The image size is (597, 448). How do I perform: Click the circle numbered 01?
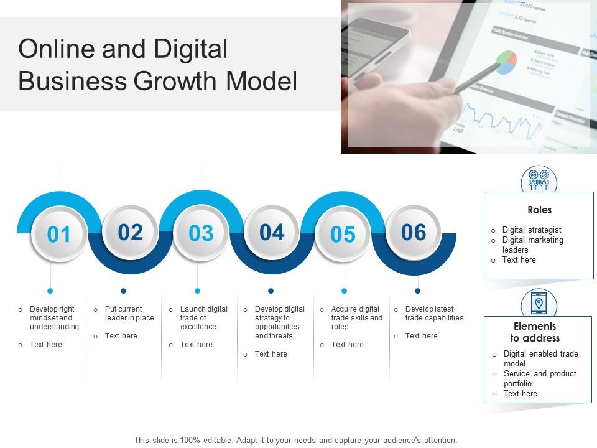tap(59, 235)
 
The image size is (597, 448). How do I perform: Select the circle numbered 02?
tap(130, 232)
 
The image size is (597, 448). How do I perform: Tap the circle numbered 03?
tap(201, 233)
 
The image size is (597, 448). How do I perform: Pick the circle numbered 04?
tap(272, 232)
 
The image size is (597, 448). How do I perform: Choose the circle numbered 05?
tap(343, 234)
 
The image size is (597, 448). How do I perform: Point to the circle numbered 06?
tap(414, 232)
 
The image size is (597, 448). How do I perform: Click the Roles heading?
tap(539, 210)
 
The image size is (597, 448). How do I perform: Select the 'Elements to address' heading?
tap(535, 332)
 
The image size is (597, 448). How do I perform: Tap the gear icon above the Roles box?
tap(539, 180)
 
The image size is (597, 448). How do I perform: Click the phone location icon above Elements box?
tap(539, 303)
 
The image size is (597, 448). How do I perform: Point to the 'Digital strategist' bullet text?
tap(532, 230)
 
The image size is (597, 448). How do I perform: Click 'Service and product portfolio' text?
tap(539, 378)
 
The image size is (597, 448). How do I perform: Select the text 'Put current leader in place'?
tap(129, 313)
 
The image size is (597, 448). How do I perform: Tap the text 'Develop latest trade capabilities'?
tap(434, 313)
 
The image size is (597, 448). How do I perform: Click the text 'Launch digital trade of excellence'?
tap(204, 317)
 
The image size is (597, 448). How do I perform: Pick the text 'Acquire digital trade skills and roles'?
tap(356, 317)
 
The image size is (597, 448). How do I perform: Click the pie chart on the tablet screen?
tap(506, 61)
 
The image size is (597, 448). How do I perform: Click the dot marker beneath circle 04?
tap(271, 291)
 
